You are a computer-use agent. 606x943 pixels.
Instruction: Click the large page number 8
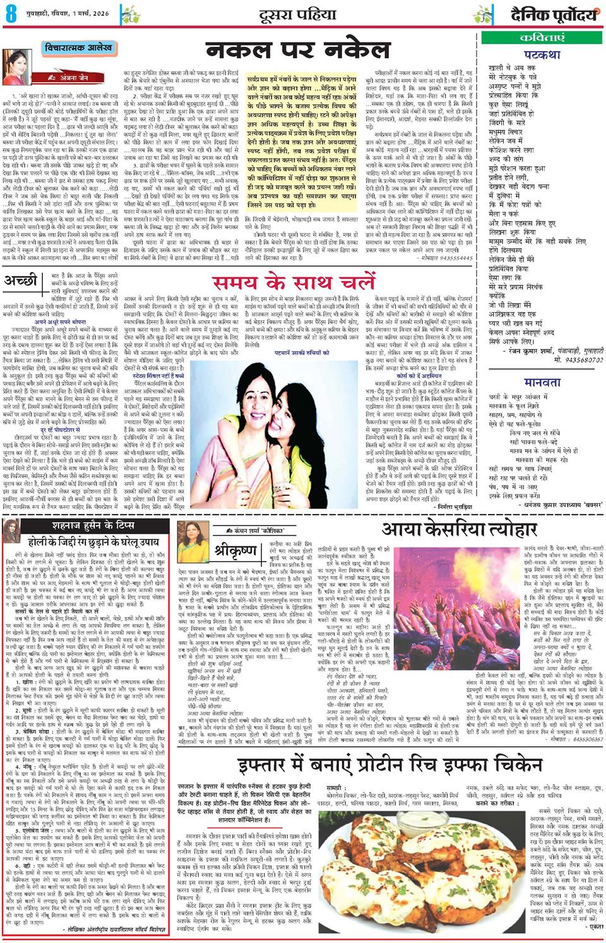(9, 13)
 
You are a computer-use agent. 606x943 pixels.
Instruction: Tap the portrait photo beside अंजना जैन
(20, 67)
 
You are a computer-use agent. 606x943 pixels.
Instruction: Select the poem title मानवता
(542, 381)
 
